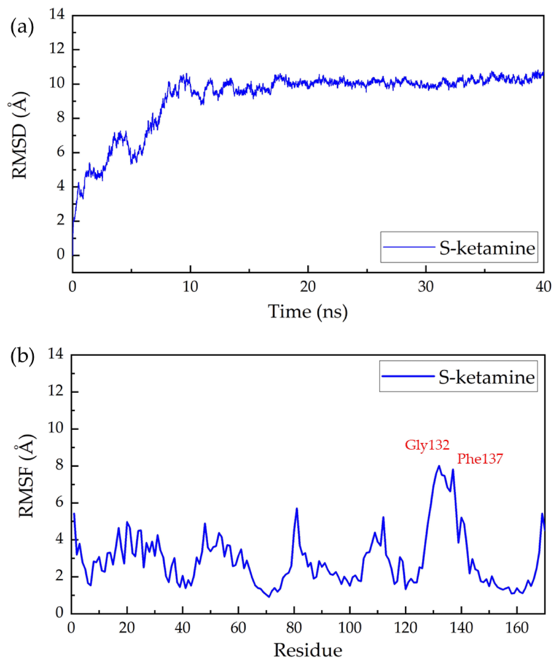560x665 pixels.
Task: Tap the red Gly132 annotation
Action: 427,445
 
